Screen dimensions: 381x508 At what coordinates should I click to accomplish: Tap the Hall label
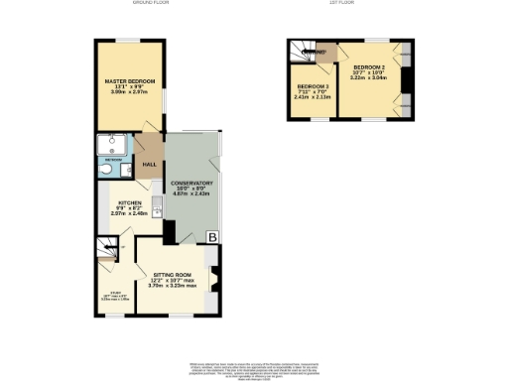click(150, 164)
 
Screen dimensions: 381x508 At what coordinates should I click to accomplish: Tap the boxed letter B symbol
click(211, 236)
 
